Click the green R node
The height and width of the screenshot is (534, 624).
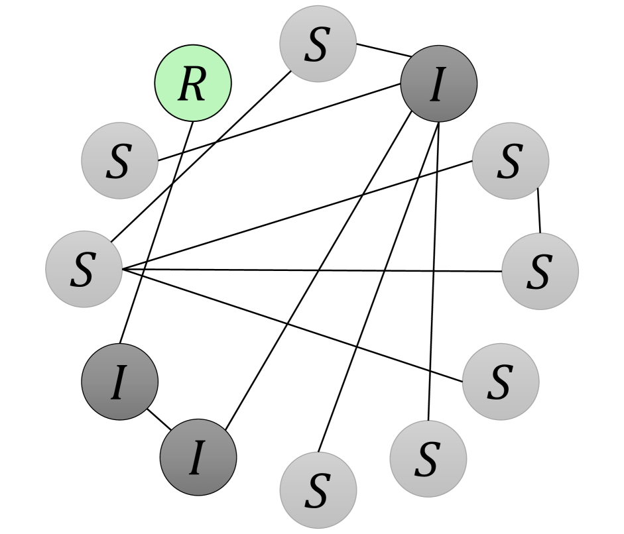click(193, 84)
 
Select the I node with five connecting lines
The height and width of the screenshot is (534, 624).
click(438, 84)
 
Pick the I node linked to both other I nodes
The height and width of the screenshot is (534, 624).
click(198, 457)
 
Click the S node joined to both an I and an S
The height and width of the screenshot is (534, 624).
click(318, 45)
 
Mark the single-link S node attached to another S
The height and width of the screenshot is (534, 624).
click(501, 381)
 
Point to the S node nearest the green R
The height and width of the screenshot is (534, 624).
click(119, 160)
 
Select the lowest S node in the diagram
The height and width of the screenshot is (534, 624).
click(318, 490)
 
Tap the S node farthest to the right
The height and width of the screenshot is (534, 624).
click(540, 271)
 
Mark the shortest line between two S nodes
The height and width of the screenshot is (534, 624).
click(538, 211)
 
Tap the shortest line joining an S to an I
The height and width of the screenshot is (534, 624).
click(379, 50)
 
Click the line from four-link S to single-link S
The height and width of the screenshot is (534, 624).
click(292, 325)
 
